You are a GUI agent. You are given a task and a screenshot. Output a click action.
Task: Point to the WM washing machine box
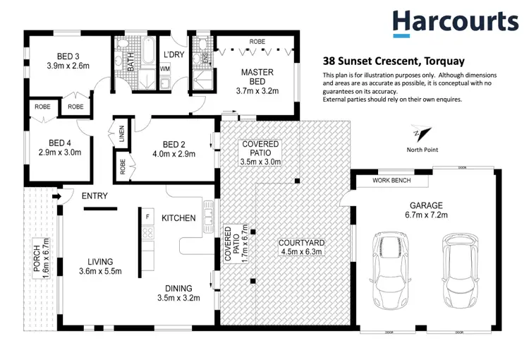pos(164,68)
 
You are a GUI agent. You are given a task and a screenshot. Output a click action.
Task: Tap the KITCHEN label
pos(178,218)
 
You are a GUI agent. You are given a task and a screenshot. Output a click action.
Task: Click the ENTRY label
pos(95,196)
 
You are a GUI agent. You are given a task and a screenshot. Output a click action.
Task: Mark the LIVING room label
pos(95,260)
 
